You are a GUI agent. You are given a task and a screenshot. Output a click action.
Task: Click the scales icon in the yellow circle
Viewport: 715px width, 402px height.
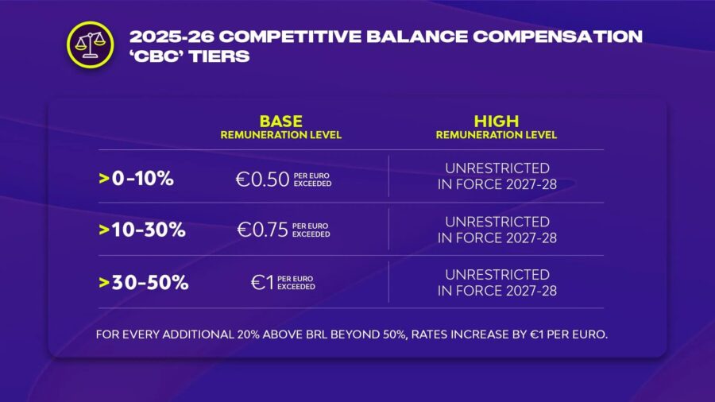[91, 45]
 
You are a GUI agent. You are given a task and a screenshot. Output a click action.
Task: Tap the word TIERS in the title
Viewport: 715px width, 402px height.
[219, 56]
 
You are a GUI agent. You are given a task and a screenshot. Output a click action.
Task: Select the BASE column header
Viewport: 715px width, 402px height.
[281, 122]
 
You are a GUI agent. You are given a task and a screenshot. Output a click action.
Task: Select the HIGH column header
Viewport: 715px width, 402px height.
[497, 122]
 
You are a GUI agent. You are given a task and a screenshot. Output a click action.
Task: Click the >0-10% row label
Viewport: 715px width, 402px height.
[136, 178]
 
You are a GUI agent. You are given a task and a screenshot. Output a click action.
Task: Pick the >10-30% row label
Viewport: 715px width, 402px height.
[142, 230]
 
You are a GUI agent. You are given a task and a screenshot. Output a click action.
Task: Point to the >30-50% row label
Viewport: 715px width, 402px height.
[144, 283]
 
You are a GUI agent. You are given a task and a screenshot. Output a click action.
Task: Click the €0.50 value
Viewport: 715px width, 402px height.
[263, 180]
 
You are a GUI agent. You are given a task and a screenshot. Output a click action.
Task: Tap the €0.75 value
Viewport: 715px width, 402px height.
[263, 230]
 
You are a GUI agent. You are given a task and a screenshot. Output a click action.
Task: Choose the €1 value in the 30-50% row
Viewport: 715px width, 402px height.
[263, 283]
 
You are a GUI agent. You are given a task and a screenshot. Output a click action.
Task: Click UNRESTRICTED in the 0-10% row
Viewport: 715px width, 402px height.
[497, 168]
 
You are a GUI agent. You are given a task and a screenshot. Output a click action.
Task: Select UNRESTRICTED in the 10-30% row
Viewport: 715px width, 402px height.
[497, 222]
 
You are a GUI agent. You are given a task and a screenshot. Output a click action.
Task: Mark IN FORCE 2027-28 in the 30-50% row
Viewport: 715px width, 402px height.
[497, 291]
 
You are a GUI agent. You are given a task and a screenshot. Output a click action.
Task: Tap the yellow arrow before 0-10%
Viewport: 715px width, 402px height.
[104, 178]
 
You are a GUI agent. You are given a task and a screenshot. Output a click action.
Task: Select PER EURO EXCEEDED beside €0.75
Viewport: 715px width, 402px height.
[311, 230]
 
